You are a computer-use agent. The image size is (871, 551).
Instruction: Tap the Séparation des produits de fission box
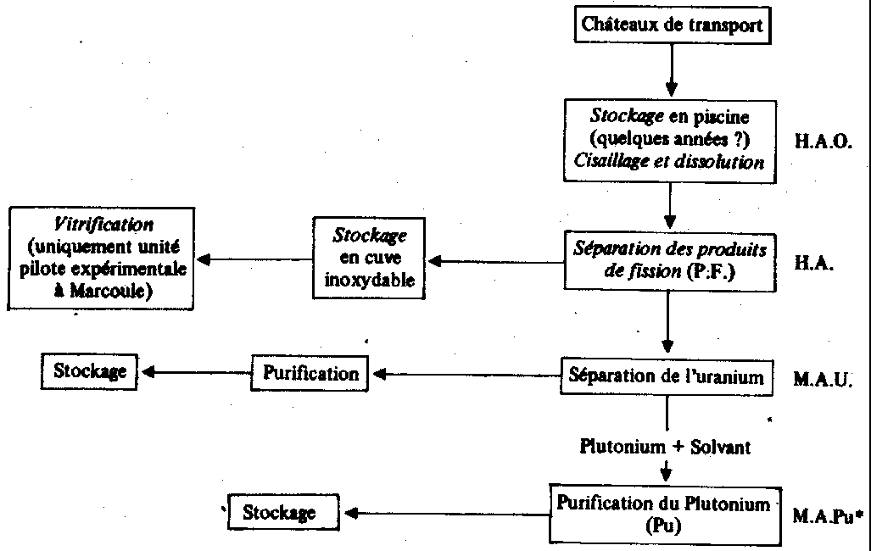[x=669, y=260]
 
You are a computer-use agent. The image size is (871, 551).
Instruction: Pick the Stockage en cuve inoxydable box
[x=369, y=257]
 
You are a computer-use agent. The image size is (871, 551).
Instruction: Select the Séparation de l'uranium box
[x=667, y=375]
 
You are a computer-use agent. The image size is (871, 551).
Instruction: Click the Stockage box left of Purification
[x=90, y=370]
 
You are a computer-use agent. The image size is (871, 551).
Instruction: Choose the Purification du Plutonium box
[x=664, y=512]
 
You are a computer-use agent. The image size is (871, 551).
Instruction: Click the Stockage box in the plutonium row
[x=280, y=512]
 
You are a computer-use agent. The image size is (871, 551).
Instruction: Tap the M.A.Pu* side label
[x=829, y=515]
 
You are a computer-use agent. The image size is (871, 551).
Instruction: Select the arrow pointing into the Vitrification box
[x=247, y=259]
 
